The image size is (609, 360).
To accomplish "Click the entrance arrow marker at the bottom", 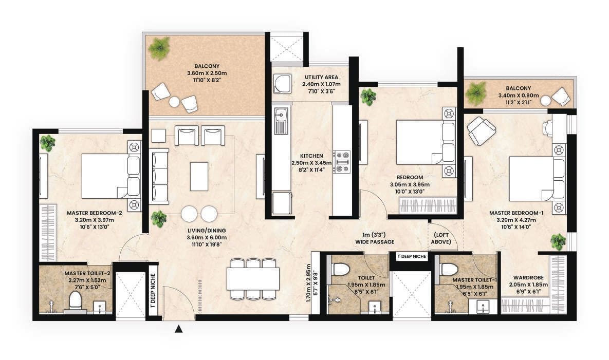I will click(x=179, y=329).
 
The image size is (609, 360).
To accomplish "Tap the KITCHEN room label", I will click(x=311, y=156).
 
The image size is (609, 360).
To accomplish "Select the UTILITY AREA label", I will click(x=321, y=77).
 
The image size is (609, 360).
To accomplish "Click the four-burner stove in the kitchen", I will click(x=342, y=160).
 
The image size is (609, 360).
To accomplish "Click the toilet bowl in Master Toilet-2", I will click(x=76, y=300).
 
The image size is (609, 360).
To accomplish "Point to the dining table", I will click(x=253, y=279).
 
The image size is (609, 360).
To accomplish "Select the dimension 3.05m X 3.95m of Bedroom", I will click(x=409, y=185).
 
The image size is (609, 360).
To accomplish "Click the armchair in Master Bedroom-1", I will click(x=482, y=130).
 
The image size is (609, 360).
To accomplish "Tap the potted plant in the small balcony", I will click(x=476, y=93).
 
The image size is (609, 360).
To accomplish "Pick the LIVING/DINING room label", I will click(x=207, y=230).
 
